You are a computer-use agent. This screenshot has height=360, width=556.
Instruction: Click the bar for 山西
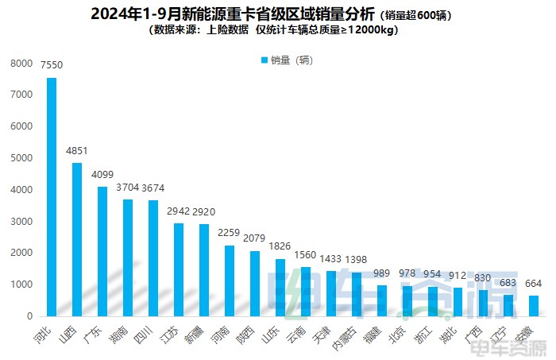[x=77, y=239]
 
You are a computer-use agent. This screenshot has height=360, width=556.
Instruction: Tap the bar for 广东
[x=102, y=251]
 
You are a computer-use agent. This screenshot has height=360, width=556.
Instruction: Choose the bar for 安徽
[x=534, y=306]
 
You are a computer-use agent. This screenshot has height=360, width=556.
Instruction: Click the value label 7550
[x=52, y=68]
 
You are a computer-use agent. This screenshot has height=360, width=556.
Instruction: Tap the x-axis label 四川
[x=145, y=333]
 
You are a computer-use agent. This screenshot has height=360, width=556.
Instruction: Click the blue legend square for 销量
[x=264, y=60]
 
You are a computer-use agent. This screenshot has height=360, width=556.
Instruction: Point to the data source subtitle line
[x=274, y=31]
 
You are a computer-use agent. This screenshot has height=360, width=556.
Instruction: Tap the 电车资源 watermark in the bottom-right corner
[x=521, y=348]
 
